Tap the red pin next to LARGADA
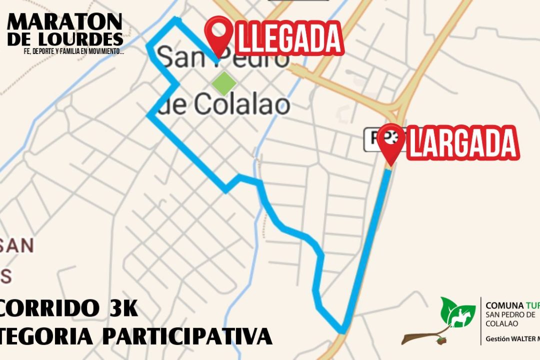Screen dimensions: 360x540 tap(391, 140)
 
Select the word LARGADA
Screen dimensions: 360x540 tap(462, 143)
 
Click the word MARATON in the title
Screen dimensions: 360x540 tap(65, 22)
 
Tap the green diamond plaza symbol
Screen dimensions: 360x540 tap(224, 83)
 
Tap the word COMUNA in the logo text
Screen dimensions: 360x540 tap(504, 305)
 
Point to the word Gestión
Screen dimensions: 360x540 tap(497, 338)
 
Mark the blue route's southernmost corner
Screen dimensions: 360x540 tap(342, 331)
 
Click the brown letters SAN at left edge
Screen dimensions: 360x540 tap(17, 245)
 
